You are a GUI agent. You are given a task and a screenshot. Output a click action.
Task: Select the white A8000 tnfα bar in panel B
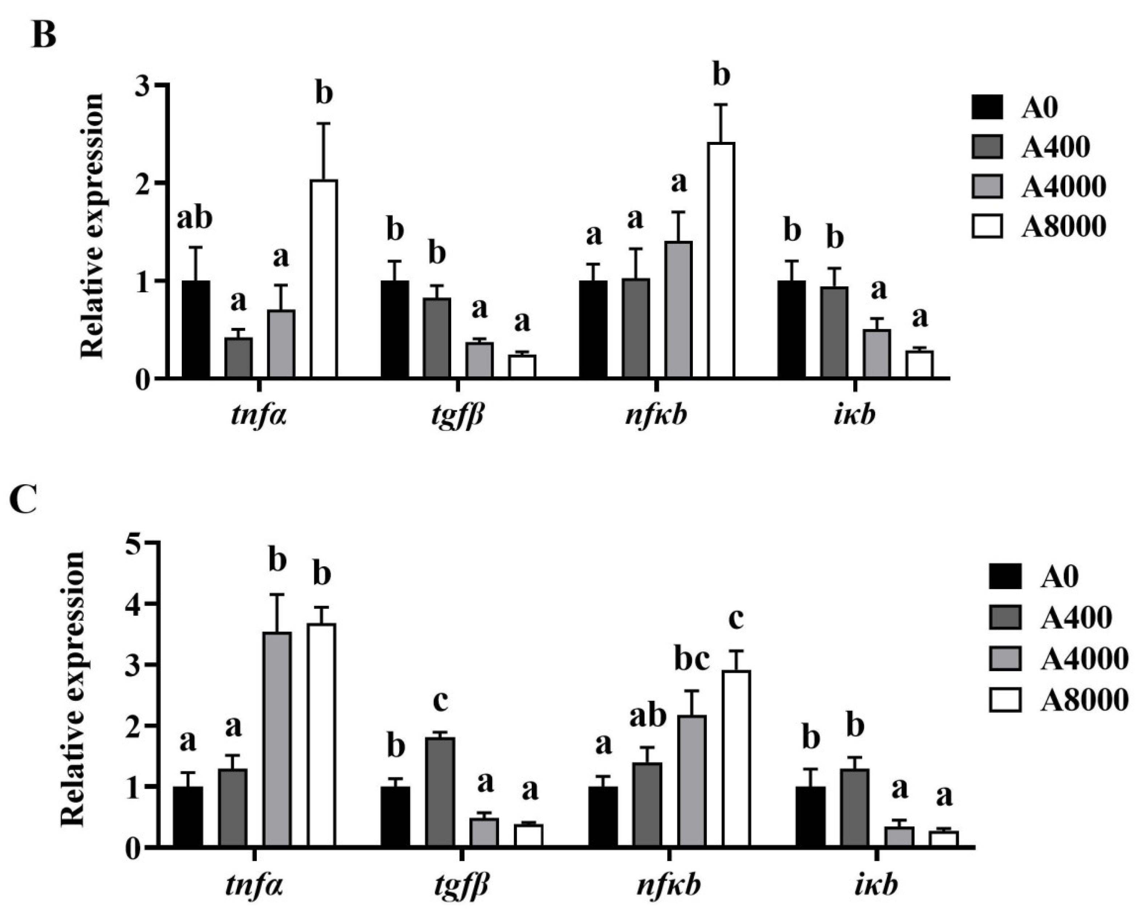coord(324,279)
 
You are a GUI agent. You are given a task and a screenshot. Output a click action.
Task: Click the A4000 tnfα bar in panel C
coord(277,740)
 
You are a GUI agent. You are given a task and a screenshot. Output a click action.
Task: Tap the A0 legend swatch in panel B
coord(987,108)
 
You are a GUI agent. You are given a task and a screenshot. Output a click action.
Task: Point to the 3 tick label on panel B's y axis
coord(143,85)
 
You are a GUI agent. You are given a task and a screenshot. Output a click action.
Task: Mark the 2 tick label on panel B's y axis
coord(143,183)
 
